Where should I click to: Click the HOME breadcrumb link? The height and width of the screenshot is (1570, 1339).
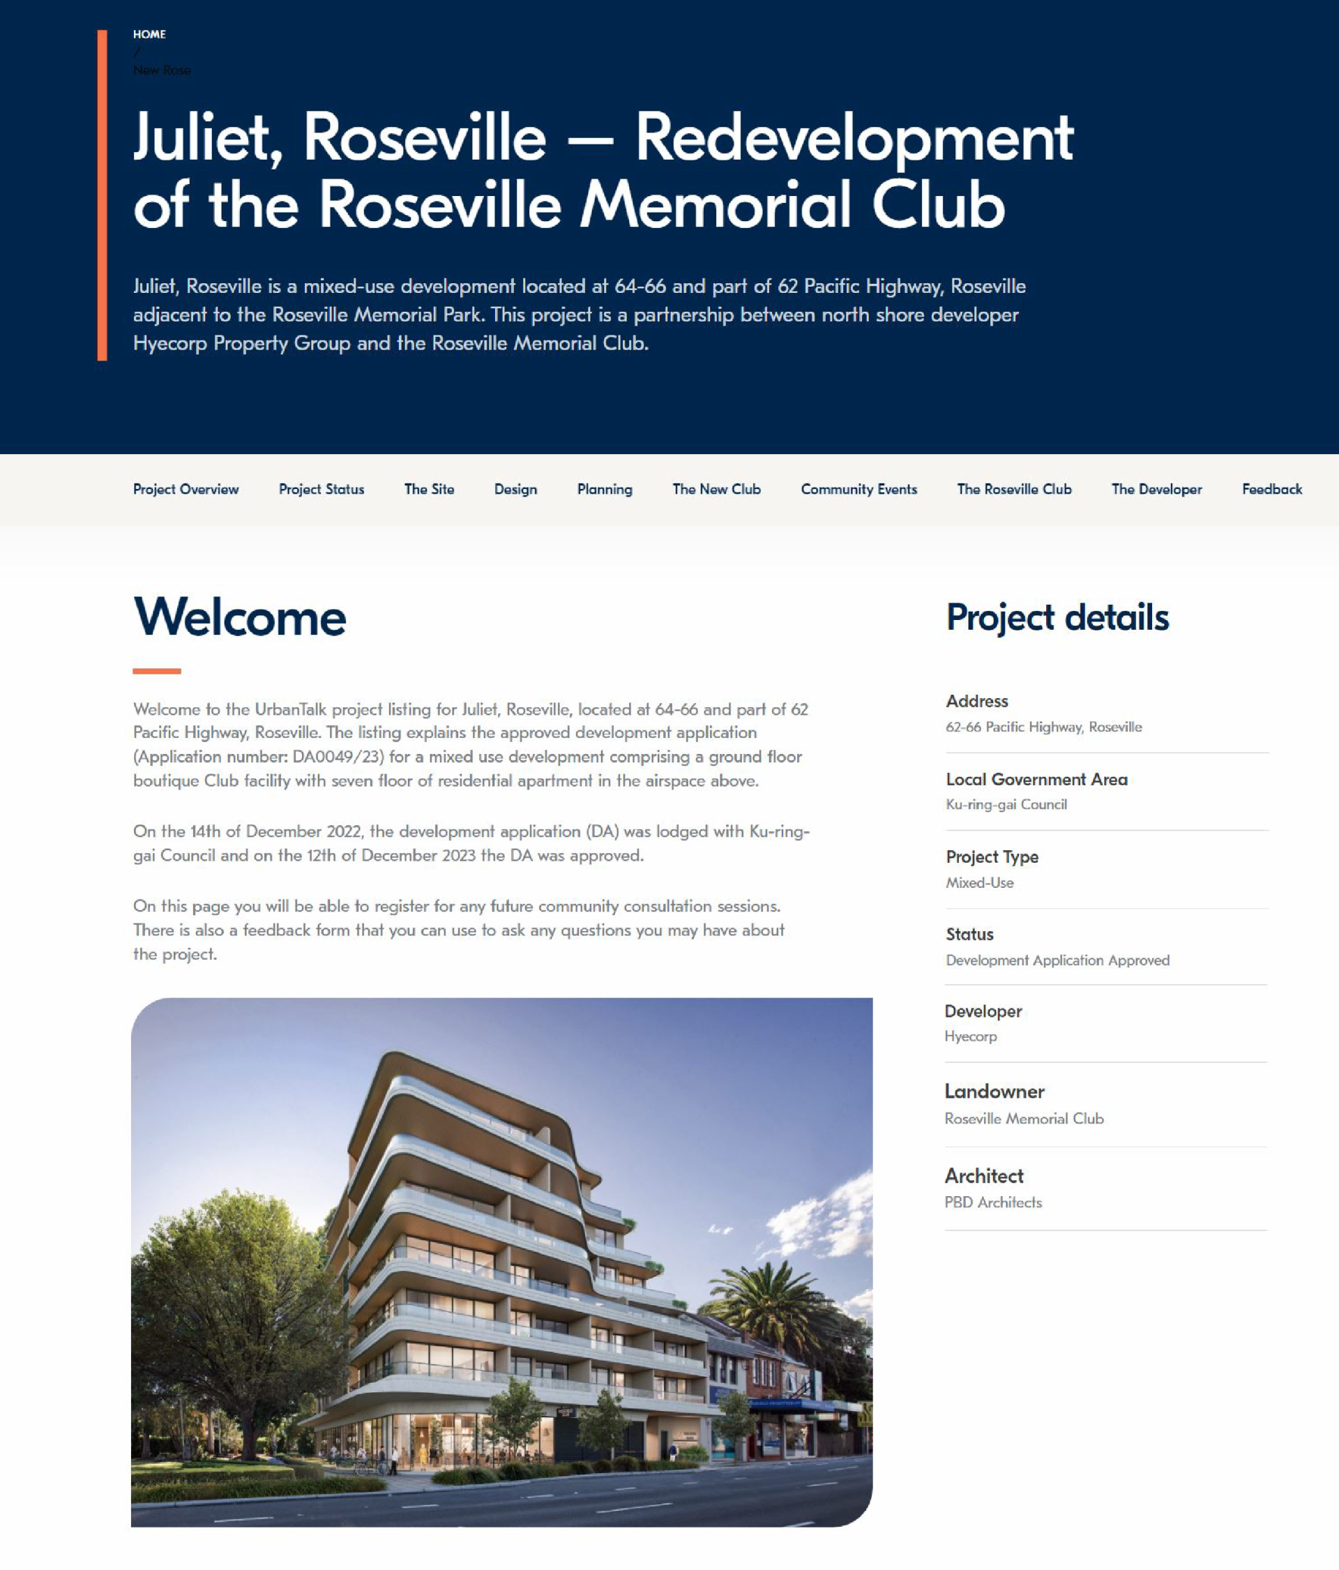pos(149,34)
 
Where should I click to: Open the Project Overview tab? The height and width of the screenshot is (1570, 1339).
pos(186,490)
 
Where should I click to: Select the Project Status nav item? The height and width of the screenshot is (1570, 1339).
pos(321,490)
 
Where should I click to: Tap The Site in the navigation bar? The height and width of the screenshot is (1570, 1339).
pos(429,490)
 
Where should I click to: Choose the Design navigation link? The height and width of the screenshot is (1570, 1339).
pos(515,490)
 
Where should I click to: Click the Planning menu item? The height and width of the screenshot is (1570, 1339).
pos(604,490)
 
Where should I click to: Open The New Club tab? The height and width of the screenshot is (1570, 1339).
pos(716,490)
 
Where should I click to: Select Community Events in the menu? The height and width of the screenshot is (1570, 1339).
pos(858,490)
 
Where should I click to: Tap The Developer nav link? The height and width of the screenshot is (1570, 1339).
pos(1156,490)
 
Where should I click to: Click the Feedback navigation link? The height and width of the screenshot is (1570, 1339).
pos(1271,490)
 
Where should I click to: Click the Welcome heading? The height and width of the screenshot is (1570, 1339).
pos(239,617)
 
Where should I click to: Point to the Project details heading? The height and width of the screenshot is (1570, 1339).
pos(1057,617)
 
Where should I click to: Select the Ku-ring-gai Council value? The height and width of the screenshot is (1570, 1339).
pos(1006,805)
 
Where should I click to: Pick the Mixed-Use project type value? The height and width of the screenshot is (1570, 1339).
pos(979,883)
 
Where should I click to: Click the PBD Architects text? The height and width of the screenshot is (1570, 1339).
pos(992,1202)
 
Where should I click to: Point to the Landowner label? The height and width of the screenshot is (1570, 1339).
pos(994,1091)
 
